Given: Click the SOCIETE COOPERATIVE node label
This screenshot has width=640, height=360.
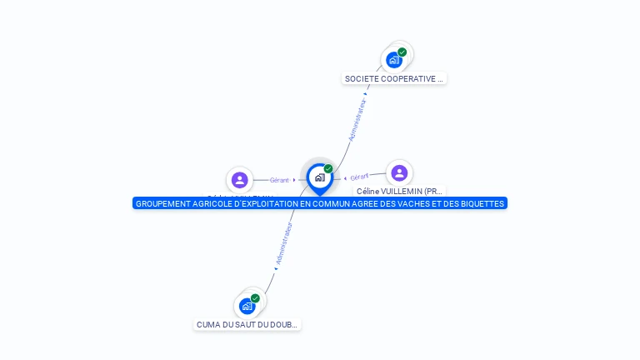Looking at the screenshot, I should [x=394, y=78].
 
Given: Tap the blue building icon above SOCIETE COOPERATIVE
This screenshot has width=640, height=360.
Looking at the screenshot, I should [x=394, y=60].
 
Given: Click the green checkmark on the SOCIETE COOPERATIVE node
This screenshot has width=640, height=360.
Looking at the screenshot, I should [x=402, y=52].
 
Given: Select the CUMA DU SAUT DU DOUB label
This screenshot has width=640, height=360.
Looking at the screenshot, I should [x=247, y=325].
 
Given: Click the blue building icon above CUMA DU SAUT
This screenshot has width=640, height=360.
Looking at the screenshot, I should [x=247, y=306].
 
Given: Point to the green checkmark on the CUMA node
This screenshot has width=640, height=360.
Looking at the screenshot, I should [x=255, y=298].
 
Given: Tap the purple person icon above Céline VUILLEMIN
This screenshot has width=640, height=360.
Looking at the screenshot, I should [x=399, y=172].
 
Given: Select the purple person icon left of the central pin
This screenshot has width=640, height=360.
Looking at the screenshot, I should [x=240, y=179].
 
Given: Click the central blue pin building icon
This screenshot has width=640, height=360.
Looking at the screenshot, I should [x=319, y=177].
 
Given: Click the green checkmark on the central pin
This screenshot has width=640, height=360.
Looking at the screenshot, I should [x=328, y=169].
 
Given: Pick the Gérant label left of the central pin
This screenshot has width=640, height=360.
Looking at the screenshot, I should [x=279, y=180].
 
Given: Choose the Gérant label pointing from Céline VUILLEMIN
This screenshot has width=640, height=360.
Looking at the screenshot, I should [x=359, y=177].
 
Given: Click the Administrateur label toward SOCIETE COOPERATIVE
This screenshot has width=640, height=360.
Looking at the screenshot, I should [x=357, y=120].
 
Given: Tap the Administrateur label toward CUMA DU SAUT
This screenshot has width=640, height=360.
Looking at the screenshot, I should [x=284, y=243].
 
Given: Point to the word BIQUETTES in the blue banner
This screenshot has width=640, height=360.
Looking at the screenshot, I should [x=482, y=203].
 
